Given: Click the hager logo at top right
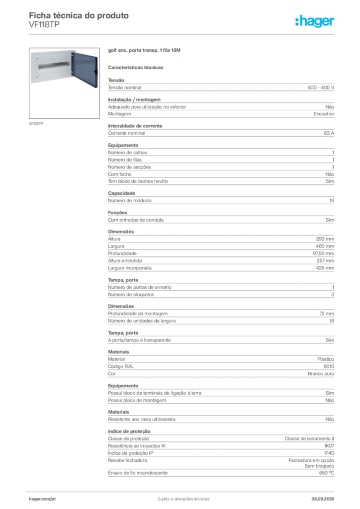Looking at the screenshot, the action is (314, 21).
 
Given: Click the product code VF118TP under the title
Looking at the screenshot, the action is (44, 25).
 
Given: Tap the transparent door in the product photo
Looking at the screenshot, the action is (85, 70).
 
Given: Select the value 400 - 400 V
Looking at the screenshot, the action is (321, 87).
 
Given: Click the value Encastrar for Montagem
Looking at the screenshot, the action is (324, 114).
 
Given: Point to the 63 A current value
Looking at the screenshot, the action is (329, 133).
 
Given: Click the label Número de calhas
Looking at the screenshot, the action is (128, 153).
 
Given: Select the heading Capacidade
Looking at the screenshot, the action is (121, 193).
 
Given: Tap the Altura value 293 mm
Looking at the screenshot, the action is (325, 239).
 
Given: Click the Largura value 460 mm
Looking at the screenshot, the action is (325, 246).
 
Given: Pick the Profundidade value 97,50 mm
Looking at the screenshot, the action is (323, 253).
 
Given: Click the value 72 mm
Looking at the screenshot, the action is (327, 314).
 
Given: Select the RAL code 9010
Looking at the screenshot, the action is (329, 366).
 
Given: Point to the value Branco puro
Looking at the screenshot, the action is (321, 374).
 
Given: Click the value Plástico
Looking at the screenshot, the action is (326, 359).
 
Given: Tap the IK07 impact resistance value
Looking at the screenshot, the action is (329, 446).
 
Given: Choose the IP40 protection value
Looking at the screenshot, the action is (329, 453).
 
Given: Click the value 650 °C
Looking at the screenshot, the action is (326, 473).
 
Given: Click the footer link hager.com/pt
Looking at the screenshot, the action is (42, 499).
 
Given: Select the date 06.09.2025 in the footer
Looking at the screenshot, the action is (323, 499).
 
